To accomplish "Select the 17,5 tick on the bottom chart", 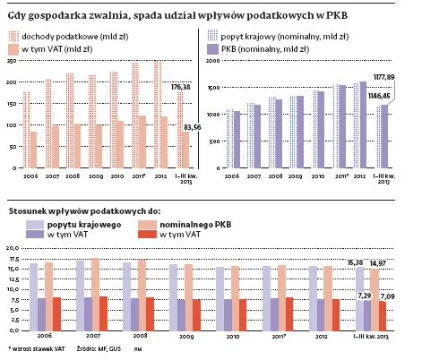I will (x=13, y=259).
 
